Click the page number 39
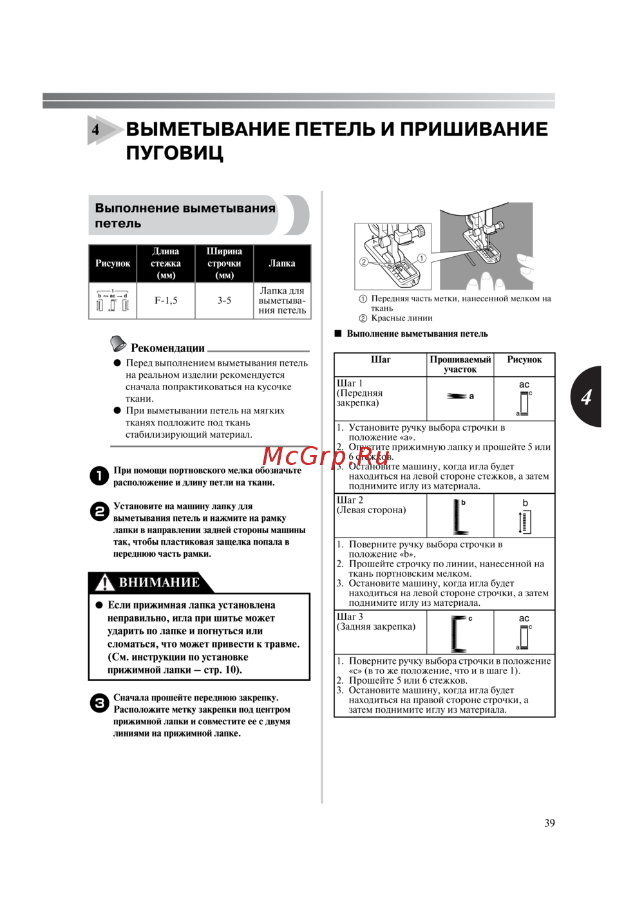click(549, 823)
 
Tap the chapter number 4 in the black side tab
click(586, 397)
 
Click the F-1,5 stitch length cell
click(166, 301)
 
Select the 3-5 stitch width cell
click(224, 301)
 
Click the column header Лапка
click(282, 263)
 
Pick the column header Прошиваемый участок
click(460, 364)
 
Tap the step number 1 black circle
click(99, 476)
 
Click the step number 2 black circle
click(99, 512)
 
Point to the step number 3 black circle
click(99, 703)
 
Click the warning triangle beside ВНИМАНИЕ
click(104, 583)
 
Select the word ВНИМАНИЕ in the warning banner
click(159, 583)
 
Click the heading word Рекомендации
click(167, 348)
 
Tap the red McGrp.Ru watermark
click(326, 456)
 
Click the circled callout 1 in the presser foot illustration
click(422, 258)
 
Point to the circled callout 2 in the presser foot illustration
click(363, 262)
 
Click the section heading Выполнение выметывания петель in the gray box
click(185, 216)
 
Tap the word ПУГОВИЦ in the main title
click(175, 153)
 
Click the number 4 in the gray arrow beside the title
click(96, 129)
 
